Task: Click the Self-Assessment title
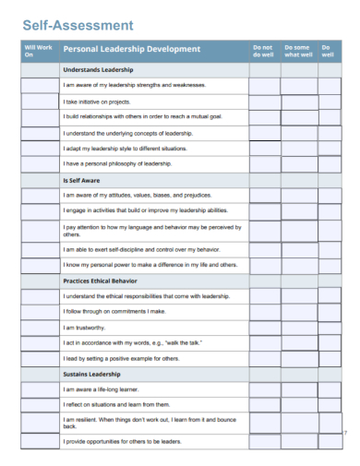tap(77, 25)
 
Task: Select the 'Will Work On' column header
tap(39, 50)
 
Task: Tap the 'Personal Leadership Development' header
tap(131, 50)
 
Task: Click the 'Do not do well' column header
tap(263, 50)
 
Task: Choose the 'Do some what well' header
tap(297, 50)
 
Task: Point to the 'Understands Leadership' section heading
tap(99, 69)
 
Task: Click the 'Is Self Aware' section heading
tap(81, 180)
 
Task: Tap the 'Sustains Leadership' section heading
tap(92, 374)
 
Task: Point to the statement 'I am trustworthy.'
tap(84, 327)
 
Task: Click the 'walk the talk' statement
tap(133, 342)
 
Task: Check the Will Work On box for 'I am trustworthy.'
tap(39, 327)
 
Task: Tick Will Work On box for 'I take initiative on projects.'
tap(39, 101)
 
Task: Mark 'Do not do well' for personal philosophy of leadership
tap(264, 163)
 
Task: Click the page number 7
tap(343, 433)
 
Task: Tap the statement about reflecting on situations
tap(116, 404)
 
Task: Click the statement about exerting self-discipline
tap(141, 248)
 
